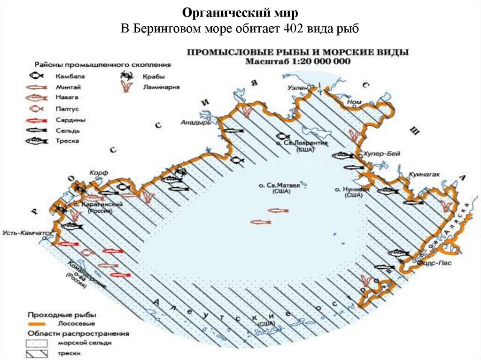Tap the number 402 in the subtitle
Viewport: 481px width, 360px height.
point(294,29)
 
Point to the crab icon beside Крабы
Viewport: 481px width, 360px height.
point(125,76)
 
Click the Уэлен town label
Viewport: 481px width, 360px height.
point(298,88)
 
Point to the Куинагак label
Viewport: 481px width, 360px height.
point(424,174)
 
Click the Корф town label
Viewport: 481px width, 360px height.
point(99,173)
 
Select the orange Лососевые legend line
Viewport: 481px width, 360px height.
point(38,323)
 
